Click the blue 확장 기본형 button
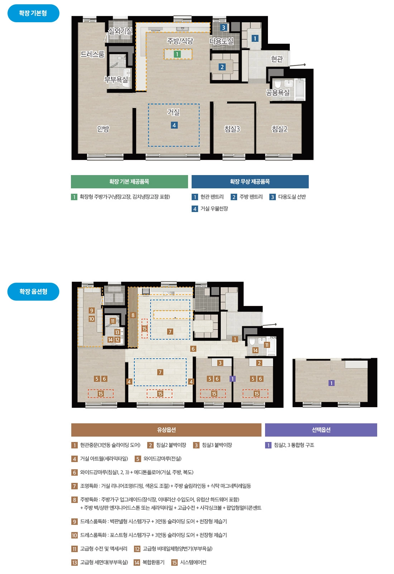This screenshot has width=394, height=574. (x=33, y=13)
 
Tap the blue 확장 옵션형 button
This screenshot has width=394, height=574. (x=33, y=291)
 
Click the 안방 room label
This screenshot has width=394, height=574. (x=103, y=128)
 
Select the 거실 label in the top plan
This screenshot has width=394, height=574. (x=173, y=112)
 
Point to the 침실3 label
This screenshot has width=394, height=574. (x=232, y=129)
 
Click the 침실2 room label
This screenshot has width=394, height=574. (x=279, y=129)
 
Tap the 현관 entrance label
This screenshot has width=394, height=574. (x=277, y=59)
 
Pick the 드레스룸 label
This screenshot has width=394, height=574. (x=93, y=54)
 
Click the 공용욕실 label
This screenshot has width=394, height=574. (x=278, y=92)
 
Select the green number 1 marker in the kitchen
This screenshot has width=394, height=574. (x=177, y=54)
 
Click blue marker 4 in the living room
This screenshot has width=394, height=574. (x=174, y=125)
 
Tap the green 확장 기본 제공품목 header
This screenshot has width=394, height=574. (x=129, y=182)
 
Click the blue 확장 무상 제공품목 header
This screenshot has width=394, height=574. (x=250, y=182)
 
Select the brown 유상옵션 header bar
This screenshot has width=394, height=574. (x=166, y=430)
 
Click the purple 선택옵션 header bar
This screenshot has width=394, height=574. (x=321, y=430)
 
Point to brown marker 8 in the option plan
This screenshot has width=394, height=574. (x=133, y=315)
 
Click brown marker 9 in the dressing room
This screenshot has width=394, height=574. (x=92, y=311)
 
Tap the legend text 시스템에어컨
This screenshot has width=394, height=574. (x=193, y=562)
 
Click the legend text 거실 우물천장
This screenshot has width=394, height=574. (x=214, y=208)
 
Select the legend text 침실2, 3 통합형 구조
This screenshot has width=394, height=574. (x=294, y=445)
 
